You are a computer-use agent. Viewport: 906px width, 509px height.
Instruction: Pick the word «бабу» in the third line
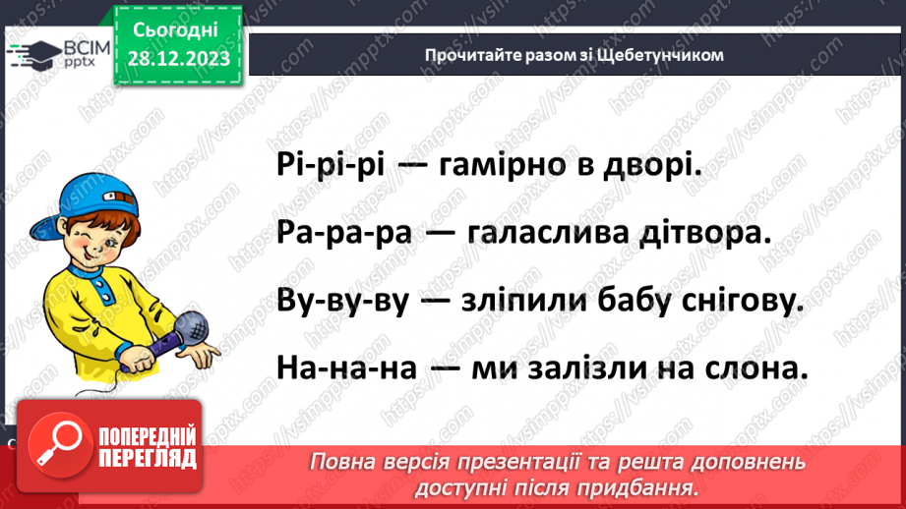617,301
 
